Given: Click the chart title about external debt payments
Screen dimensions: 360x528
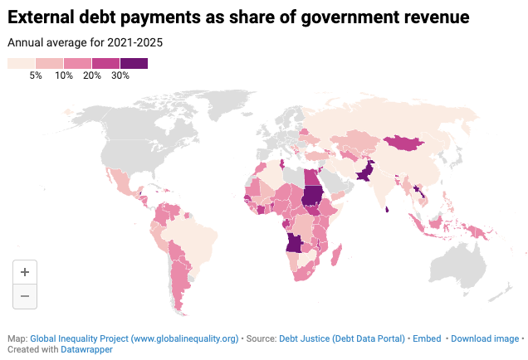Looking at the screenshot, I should tap(238, 17).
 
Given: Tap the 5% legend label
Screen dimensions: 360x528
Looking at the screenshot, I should tap(36, 75).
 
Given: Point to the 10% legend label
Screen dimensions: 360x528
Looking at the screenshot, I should tap(64, 75).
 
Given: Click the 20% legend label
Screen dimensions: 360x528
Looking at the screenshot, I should tap(92, 75).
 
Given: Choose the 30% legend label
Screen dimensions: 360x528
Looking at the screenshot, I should tap(120, 75).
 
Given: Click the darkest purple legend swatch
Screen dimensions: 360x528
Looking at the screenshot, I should tap(134, 63).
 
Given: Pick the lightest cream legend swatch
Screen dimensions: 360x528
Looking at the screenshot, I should tap(21, 63).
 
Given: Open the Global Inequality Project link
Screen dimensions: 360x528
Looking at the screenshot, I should tap(134, 338).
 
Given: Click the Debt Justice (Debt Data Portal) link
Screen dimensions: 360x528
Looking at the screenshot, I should tap(342, 338).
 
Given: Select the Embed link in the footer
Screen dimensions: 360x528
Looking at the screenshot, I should tap(426, 338).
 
